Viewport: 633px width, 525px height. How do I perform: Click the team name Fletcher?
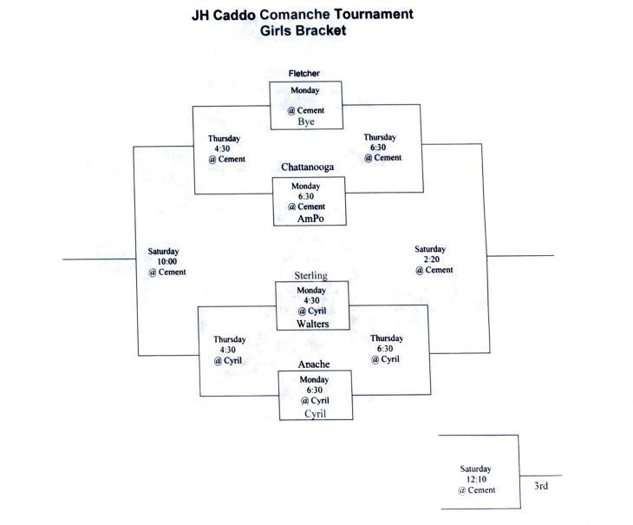[x=305, y=74]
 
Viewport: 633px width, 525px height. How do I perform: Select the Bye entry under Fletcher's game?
[x=305, y=122]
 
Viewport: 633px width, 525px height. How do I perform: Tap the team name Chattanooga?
[x=308, y=167]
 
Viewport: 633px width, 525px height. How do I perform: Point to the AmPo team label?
[x=309, y=220]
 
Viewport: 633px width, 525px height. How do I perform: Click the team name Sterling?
[x=311, y=276]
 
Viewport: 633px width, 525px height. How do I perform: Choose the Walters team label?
[x=311, y=324]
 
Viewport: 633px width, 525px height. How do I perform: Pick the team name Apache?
[x=314, y=364]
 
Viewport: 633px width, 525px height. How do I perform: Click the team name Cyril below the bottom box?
[x=316, y=414]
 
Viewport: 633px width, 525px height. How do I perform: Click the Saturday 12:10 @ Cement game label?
[x=477, y=479]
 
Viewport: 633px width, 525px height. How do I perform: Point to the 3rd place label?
[x=540, y=486]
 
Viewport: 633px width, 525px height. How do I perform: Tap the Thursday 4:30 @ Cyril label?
[x=230, y=350]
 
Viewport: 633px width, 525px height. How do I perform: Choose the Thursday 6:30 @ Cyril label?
[x=386, y=348]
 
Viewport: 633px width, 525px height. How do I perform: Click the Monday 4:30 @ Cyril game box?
[x=312, y=300]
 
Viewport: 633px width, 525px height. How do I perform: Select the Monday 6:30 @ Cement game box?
[x=308, y=196]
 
